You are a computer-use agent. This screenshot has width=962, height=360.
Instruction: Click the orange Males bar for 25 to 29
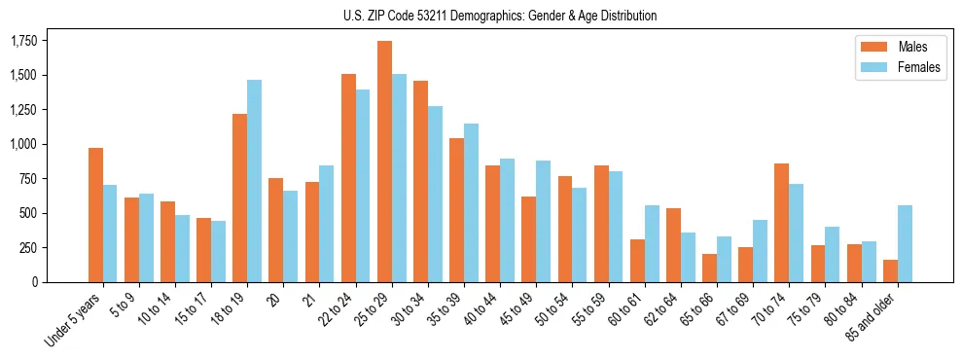[384, 162]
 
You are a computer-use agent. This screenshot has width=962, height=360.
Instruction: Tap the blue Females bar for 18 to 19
[254, 181]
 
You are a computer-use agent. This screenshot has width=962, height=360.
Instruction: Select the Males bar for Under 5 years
[95, 215]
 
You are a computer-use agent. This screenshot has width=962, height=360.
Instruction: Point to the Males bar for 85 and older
[890, 270]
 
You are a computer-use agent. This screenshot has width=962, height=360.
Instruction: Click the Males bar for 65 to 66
[709, 268]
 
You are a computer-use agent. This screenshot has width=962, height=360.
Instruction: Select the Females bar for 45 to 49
[543, 222]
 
